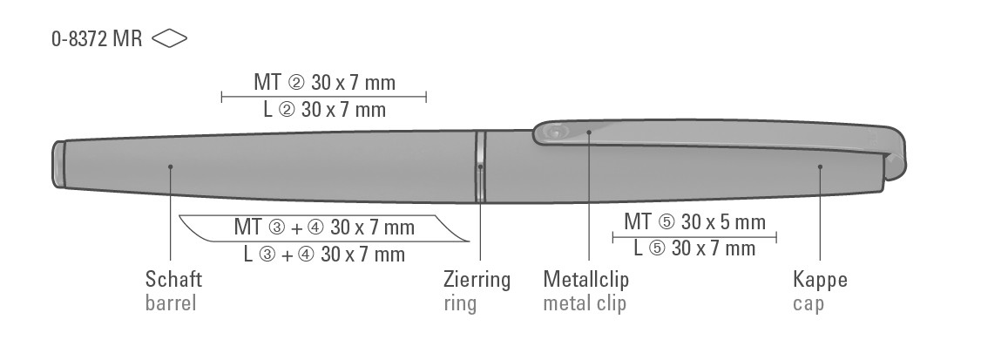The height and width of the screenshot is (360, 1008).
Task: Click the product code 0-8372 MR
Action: [97, 38]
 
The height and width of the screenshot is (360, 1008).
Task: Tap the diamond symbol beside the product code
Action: [170, 38]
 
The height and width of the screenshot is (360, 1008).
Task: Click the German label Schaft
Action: [173, 280]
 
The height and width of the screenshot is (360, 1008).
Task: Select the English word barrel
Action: [171, 302]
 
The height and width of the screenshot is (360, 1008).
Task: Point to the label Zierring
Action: [477, 280]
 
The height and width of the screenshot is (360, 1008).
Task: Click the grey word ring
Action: [460, 303]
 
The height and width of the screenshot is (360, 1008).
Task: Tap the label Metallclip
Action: [586, 280]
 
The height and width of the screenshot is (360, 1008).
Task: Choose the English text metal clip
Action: [585, 303]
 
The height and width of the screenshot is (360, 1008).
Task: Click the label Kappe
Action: [821, 281]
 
